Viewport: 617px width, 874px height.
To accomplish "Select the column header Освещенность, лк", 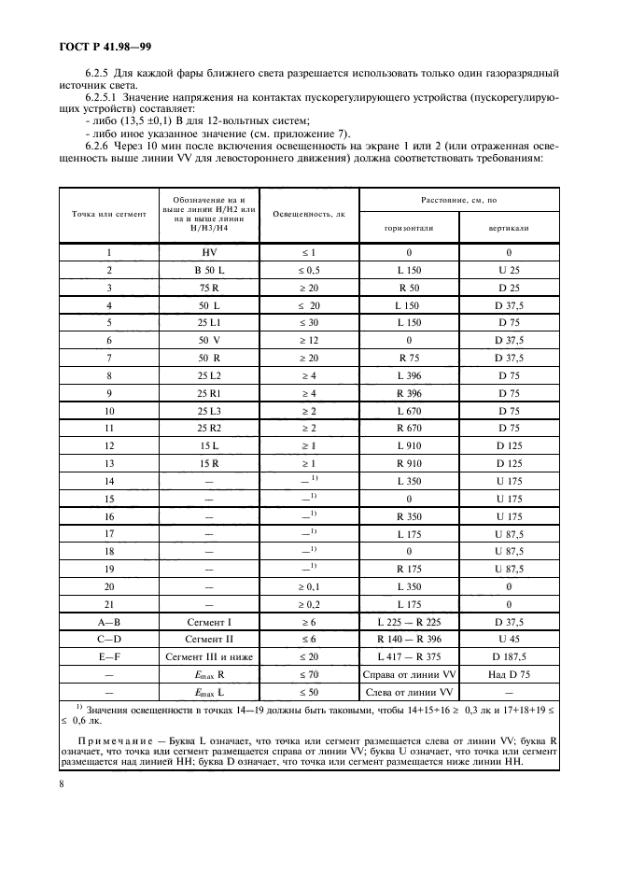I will [x=309, y=214].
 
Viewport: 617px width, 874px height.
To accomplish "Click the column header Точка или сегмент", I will [x=109, y=214].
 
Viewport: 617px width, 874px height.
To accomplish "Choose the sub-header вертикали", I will [x=510, y=227].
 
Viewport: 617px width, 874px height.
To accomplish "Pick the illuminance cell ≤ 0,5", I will [x=309, y=271].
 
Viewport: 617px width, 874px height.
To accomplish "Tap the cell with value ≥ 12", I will [x=309, y=340].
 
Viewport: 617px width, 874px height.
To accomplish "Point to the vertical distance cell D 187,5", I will [x=510, y=656].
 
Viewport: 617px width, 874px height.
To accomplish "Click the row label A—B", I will [x=109, y=622].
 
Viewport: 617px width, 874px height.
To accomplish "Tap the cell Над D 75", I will [x=510, y=674].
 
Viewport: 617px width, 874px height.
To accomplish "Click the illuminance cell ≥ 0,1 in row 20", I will [x=309, y=586].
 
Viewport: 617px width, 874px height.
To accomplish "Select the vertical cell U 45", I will [x=510, y=640].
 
